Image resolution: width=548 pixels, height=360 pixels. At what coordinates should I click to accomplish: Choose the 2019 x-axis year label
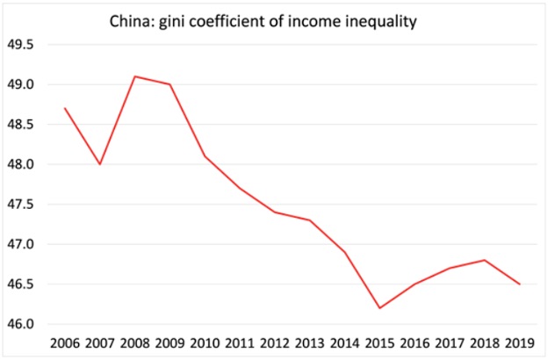click(x=519, y=343)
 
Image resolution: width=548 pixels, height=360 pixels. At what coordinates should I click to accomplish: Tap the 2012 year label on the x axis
click(x=277, y=343)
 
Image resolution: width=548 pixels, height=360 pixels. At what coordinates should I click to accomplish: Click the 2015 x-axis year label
click(x=380, y=343)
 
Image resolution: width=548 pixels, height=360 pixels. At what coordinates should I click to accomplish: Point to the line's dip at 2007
click(x=100, y=164)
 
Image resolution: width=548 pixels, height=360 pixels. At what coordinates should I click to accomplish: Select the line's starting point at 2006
click(x=65, y=108)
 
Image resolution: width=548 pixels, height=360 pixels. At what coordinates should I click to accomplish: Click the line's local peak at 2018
click(x=484, y=260)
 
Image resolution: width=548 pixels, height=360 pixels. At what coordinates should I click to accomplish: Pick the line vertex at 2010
click(x=205, y=156)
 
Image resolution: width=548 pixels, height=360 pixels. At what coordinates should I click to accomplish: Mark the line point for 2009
click(x=169, y=84)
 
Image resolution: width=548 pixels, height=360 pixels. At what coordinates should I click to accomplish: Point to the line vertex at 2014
click(x=344, y=252)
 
